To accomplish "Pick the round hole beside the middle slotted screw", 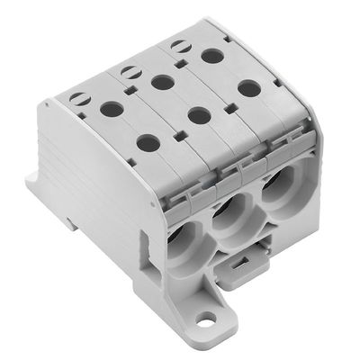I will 162,83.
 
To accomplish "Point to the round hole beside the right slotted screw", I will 212,56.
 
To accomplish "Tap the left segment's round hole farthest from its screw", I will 144,141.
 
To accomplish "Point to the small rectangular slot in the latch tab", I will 237,264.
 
